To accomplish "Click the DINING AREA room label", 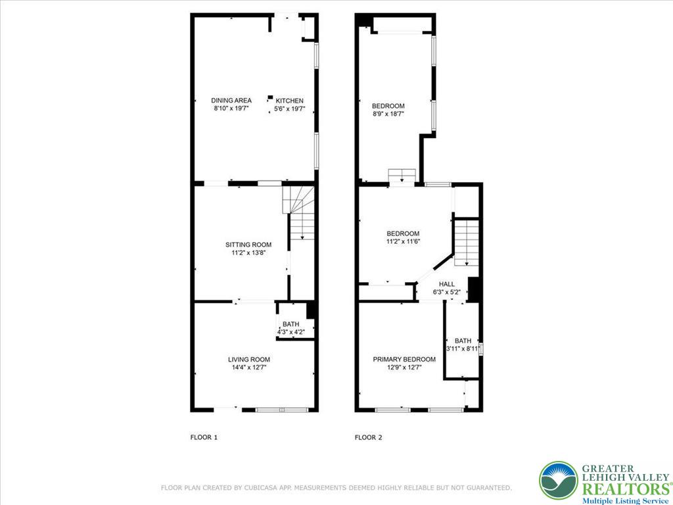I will click(x=231, y=101).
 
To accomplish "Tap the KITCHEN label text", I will click(x=289, y=101).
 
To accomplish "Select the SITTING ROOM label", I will click(x=248, y=245).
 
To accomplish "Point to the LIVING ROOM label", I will click(x=249, y=360).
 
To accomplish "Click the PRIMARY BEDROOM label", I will click(x=404, y=360).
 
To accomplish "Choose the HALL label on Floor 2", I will click(x=447, y=284).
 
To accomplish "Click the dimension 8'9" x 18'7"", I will click(x=388, y=114).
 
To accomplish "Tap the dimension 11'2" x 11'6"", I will click(x=403, y=241).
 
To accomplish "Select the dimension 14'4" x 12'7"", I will click(x=249, y=368).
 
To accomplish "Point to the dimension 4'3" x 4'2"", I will click(x=290, y=332).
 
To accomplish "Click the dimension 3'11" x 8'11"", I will click(x=463, y=349).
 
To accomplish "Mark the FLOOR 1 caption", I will click(x=204, y=437).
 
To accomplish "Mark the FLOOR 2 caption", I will click(x=368, y=437).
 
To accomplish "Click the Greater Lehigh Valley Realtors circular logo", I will click(x=559, y=481).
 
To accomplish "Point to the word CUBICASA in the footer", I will click(x=291, y=488).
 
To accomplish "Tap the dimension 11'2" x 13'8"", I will click(x=248, y=252).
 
